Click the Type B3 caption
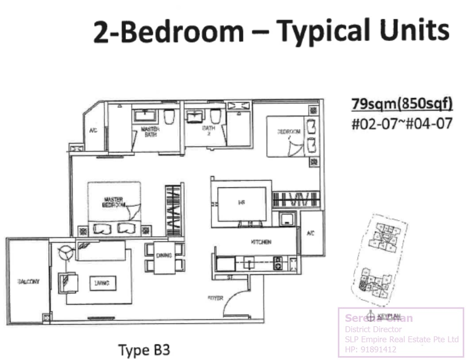pos(144,350)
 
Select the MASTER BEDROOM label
pos(114,202)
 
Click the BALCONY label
pos(28,281)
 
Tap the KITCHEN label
pos(261,243)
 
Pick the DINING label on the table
pos(164,256)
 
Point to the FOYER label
pos(216,297)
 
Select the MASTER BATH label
pos(150,131)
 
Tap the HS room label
pos(241,202)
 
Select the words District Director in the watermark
pos(373,329)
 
